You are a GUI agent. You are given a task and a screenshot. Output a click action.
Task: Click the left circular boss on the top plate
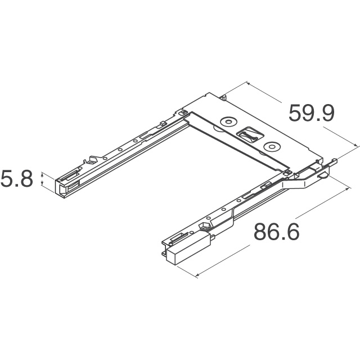(228, 122)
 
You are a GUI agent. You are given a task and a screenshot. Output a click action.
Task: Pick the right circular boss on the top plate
(272, 146)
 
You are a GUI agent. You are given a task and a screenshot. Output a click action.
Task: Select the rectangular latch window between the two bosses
(250, 134)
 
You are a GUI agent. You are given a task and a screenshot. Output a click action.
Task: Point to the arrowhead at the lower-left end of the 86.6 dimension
(197, 275)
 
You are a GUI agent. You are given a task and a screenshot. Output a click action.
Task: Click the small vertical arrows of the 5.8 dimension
(42, 179)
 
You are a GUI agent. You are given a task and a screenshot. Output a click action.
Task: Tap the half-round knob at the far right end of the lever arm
(325, 175)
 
